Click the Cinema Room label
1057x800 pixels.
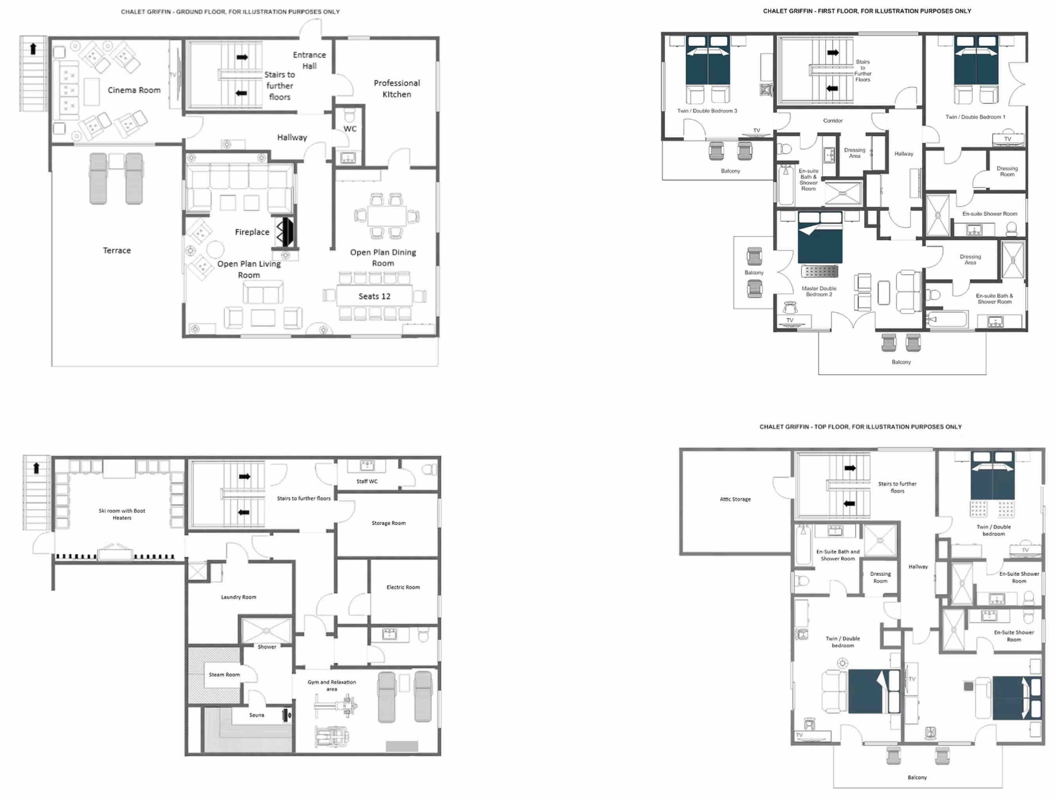pyautogui.click(x=134, y=90)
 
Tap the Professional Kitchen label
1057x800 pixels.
pyautogui.click(x=397, y=88)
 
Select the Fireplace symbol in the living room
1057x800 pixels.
pyautogui.click(x=285, y=232)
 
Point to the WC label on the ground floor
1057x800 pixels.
pyautogui.click(x=350, y=129)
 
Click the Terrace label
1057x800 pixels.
pyautogui.click(x=117, y=250)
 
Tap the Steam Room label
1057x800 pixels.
pyautogui.click(x=224, y=674)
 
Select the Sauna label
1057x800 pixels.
pyautogui.click(x=257, y=715)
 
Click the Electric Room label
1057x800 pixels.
pyautogui.click(x=403, y=587)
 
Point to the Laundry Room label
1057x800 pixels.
pyautogui.click(x=239, y=597)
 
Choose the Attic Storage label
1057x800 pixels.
pyautogui.click(x=735, y=499)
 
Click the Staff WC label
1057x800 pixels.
pyautogui.click(x=367, y=481)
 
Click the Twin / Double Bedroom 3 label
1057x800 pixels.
pyautogui.click(x=707, y=110)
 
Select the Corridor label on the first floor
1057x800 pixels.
pyautogui.click(x=832, y=120)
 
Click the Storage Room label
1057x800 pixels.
pyautogui.click(x=388, y=523)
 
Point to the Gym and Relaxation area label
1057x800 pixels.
pyautogui.click(x=332, y=685)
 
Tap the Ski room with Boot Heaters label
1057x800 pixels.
pyautogui.click(x=122, y=514)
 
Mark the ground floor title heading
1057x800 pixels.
pyautogui.click(x=230, y=11)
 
